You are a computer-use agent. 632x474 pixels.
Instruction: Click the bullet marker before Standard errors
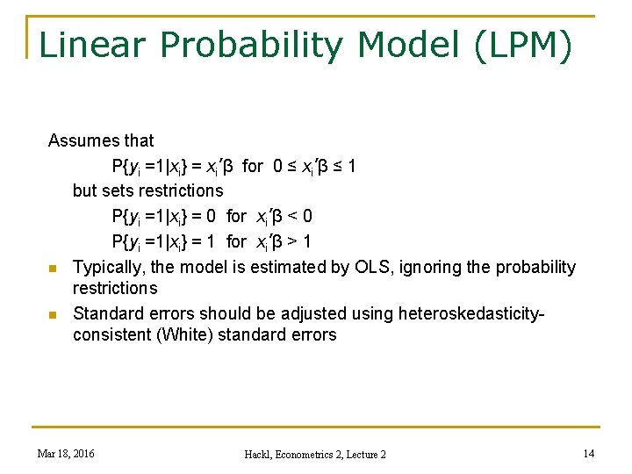[x=53, y=314]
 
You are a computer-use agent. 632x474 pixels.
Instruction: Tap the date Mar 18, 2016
[x=67, y=453]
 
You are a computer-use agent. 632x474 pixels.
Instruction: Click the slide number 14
[x=587, y=453]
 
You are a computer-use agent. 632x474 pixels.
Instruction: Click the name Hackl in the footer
[x=262, y=454]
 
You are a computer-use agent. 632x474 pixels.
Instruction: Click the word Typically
[x=109, y=267]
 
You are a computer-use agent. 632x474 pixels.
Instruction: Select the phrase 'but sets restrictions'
[x=147, y=190]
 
